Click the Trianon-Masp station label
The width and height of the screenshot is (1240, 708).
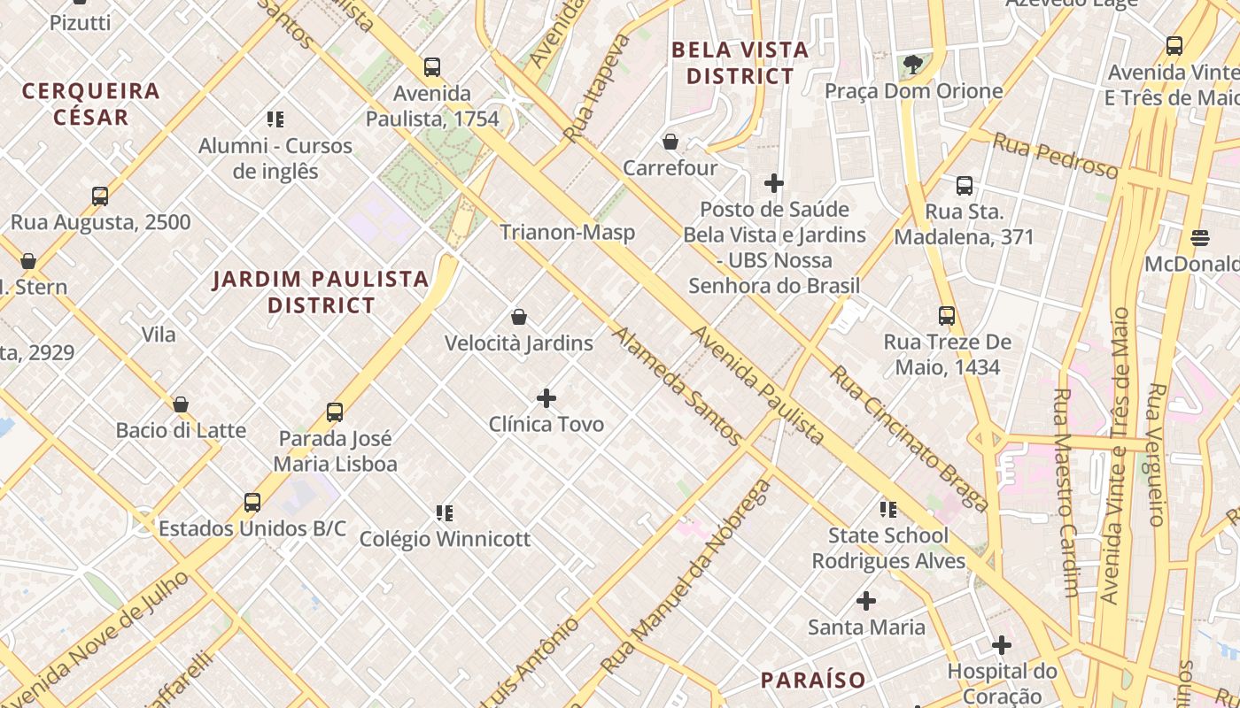(567, 233)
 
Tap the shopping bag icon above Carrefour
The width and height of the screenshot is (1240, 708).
(670, 142)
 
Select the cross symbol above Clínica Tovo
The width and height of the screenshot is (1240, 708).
(546, 398)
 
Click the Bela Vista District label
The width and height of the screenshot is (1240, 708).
(740, 63)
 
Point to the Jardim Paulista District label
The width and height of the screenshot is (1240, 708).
(321, 292)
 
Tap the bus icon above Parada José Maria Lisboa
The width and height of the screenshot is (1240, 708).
(335, 412)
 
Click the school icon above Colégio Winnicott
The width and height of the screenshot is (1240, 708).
(445, 512)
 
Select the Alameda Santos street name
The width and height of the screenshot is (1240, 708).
(677, 386)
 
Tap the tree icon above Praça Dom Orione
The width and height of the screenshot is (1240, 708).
(913, 65)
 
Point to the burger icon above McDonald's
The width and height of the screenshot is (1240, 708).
(1200, 237)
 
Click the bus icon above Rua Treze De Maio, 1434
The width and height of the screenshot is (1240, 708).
(947, 315)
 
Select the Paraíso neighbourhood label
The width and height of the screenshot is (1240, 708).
(813, 680)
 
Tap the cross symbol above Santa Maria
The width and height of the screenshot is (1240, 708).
(866, 601)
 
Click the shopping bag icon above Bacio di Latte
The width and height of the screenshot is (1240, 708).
(181, 404)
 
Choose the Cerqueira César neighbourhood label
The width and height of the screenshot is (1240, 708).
(91, 104)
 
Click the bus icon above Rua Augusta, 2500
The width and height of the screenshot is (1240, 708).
(100, 196)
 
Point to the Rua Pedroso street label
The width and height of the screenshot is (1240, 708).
(1054, 155)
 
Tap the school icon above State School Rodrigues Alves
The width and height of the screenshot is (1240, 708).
(888, 509)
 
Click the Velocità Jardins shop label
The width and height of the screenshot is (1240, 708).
(519, 343)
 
